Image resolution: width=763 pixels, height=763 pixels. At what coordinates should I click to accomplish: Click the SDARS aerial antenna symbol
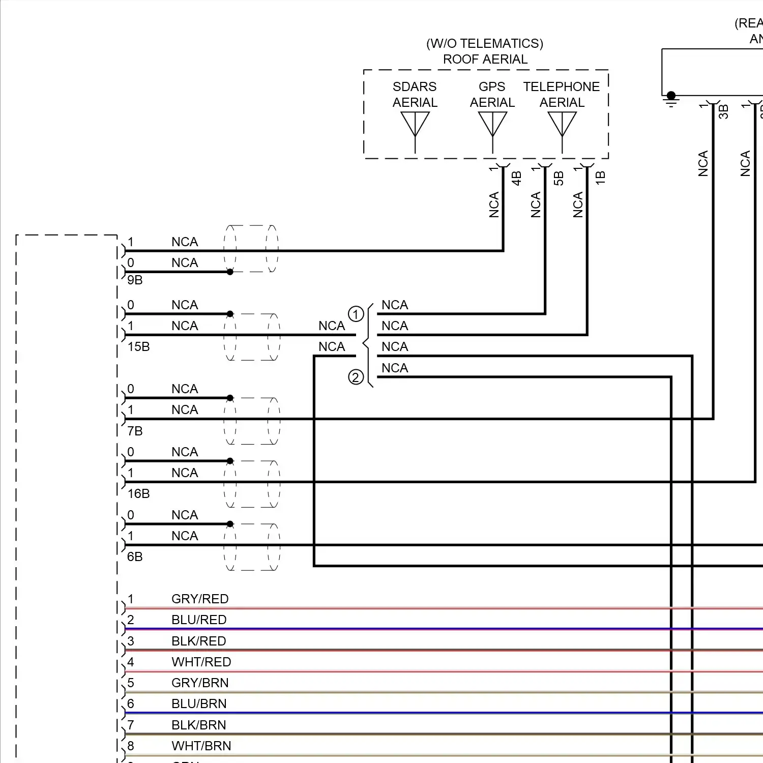415,125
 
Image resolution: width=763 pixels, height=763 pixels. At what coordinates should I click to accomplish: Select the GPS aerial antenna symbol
492,125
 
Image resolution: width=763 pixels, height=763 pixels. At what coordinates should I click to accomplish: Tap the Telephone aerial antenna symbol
562,125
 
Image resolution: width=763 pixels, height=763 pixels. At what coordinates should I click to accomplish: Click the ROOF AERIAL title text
485,60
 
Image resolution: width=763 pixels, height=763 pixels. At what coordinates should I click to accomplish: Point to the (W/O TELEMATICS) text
485,44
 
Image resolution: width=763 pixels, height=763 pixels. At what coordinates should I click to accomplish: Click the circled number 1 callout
356,314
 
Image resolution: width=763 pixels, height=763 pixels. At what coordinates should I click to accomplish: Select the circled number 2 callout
356,377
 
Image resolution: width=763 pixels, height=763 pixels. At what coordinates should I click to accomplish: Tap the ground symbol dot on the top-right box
671,96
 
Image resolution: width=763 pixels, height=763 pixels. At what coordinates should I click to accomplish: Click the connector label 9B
135,280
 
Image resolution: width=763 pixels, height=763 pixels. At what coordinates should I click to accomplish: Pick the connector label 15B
138,347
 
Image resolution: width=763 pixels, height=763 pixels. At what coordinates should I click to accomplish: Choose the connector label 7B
135,431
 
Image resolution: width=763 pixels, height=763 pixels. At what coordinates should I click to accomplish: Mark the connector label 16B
138,494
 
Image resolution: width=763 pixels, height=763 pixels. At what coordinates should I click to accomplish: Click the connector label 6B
135,557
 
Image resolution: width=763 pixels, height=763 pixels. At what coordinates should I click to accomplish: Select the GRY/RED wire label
200,599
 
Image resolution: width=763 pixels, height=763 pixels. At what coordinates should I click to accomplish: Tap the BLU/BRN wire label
199,704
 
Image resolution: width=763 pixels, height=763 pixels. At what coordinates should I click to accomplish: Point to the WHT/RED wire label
201,662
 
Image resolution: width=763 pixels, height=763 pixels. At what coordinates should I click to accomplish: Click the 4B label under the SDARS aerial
516,178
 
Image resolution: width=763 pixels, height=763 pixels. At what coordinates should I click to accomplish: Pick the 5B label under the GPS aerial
559,178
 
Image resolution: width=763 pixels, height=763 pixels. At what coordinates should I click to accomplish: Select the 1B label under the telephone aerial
600,178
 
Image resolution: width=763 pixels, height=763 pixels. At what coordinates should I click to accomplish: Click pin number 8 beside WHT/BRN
131,746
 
